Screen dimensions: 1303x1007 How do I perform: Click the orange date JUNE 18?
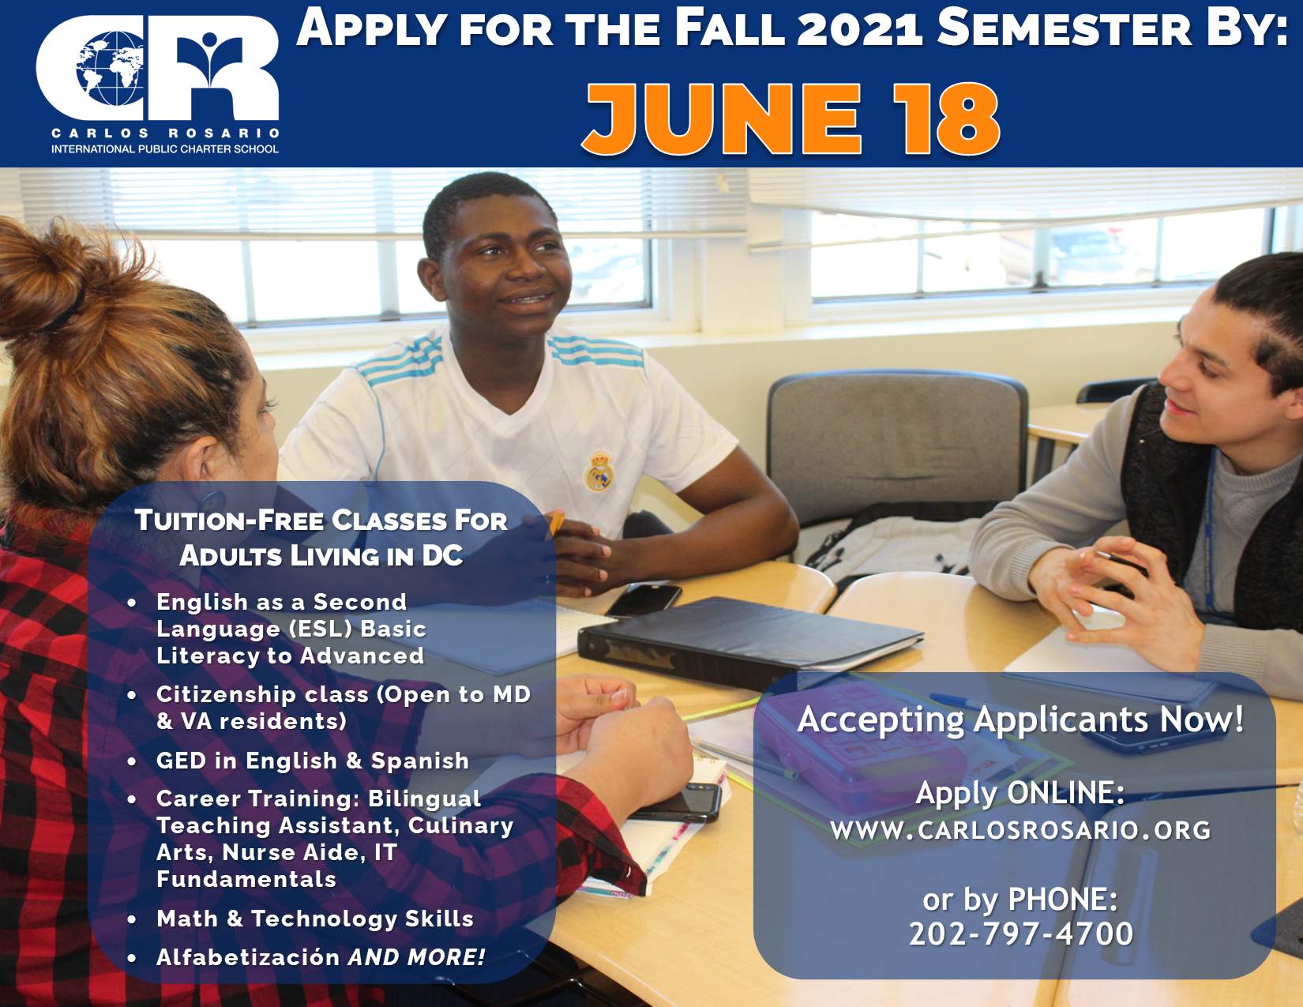click(791, 118)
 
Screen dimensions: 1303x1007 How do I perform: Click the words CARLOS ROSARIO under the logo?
click(166, 133)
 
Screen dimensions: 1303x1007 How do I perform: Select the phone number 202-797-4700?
click(1020, 934)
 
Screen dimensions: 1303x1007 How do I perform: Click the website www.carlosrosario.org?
click(1020, 830)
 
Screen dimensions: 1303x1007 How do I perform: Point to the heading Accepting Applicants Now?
click(1020, 719)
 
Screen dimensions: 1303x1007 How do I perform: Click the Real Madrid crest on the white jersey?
click(599, 471)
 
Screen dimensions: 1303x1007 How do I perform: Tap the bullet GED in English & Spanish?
click(313, 761)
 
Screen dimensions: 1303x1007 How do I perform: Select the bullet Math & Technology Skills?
click(315, 919)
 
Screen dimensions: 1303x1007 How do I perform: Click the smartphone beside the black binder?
click(644, 599)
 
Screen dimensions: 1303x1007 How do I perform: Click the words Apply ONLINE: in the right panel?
click(1020, 793)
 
